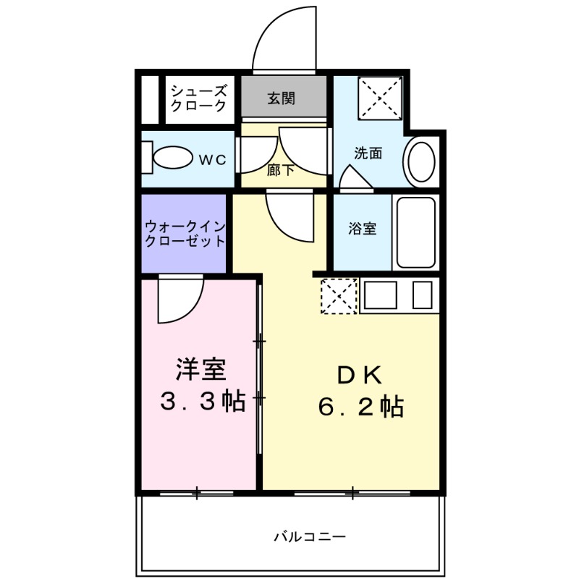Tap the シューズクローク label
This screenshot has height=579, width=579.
pyautogui.click(x=198, y=98)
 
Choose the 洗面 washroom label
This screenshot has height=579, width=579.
pyautogui.click(x=368, y=153)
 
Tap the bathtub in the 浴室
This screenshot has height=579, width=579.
pyautogui.click(x=415, y=232)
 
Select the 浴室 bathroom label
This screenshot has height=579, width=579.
pyautogui.click(x=362, y=229)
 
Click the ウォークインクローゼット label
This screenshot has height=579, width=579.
pyautogui.click(x=185, y=233)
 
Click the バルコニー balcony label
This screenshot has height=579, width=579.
pyautogui.click(x=309, y=537)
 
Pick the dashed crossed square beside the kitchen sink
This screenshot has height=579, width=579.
pyautogui.click(x=339, y=297)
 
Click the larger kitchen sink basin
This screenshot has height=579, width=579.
pyautogui.click(x=380, y=295)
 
